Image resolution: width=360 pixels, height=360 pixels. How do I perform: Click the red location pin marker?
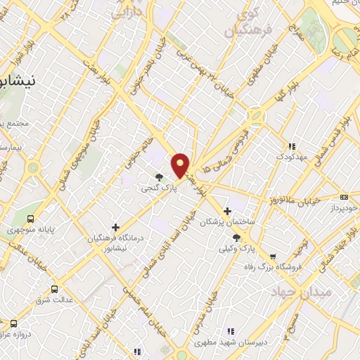tap(181, 165)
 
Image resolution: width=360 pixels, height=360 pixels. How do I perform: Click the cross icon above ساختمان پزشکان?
tap(226, 211)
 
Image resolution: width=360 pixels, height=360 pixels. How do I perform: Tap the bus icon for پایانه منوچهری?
tap(30, 218)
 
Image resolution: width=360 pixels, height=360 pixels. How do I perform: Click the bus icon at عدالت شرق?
tap(55, 288)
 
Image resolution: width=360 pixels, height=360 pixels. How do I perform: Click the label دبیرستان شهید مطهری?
tap(229, 343)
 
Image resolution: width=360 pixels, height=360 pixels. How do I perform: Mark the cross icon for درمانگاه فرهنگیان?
tap(115, 226)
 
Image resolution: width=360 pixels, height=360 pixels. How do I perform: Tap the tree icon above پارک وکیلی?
tap(236, 238)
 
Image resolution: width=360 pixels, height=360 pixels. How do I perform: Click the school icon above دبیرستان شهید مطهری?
tap(229, 331)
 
